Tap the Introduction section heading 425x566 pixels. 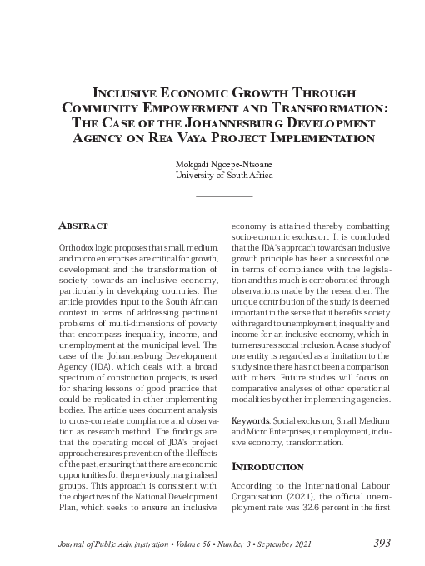(x=268, y=466)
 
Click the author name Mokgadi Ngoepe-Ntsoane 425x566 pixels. (x=223, y=164)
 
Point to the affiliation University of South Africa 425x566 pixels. (x=223, y=176)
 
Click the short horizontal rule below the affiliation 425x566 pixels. (x=223, y=195)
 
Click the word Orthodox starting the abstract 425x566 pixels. (x=77, y=249)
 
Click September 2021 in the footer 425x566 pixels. (x=287, y=544)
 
